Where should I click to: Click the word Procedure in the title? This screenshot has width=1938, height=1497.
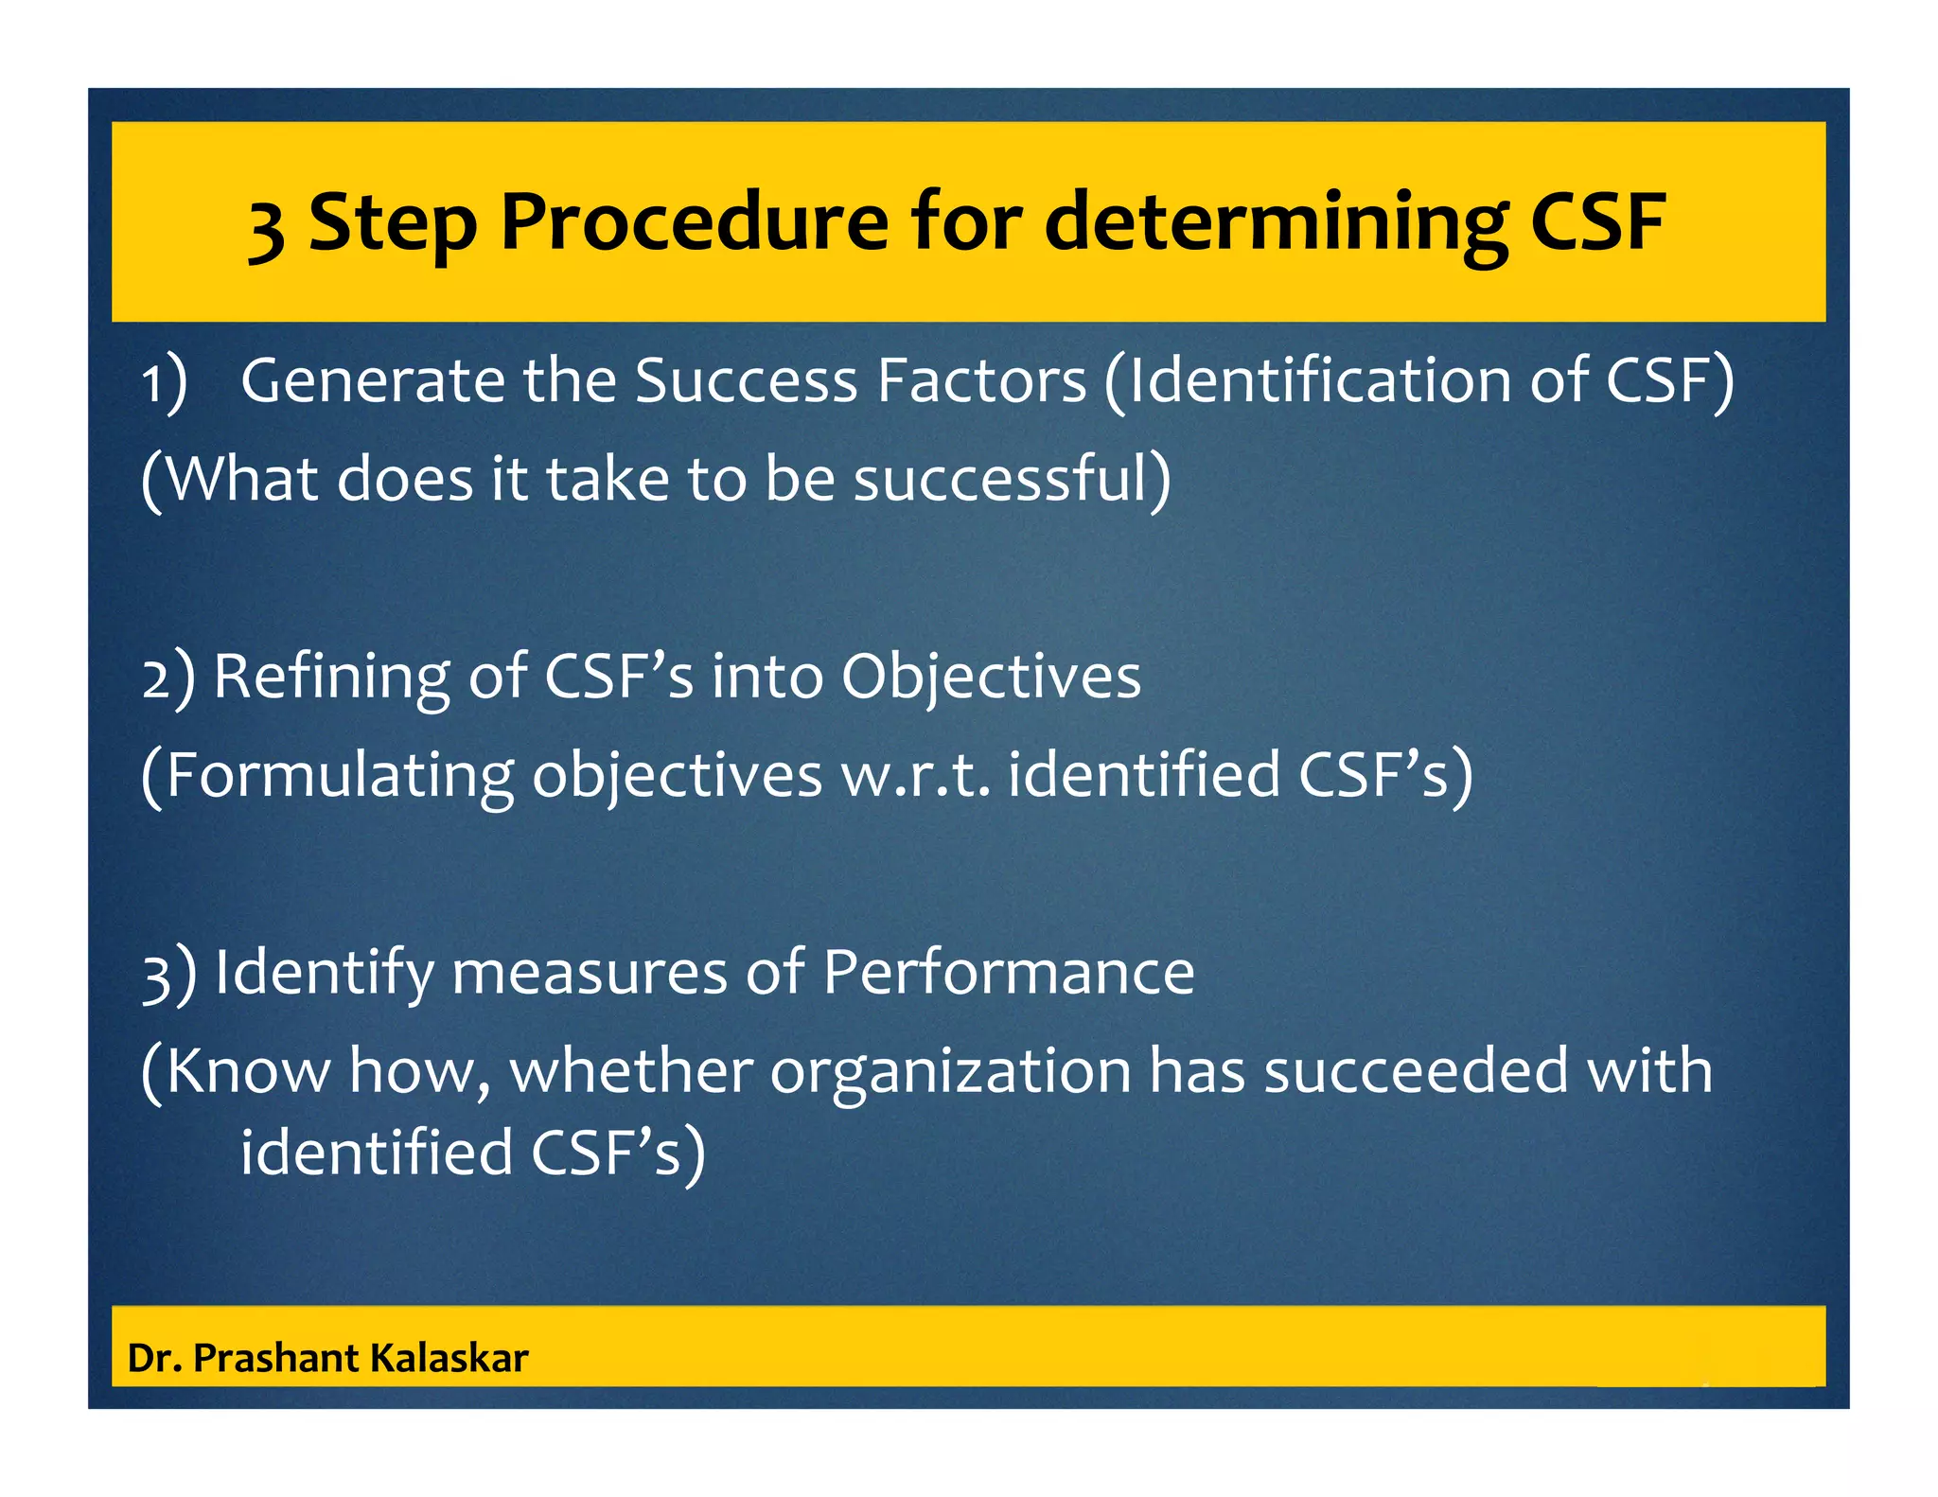(x=694, y=222)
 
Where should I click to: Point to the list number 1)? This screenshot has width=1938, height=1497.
(x=165, y=382)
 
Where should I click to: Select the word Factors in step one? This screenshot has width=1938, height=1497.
(x=981, y=380)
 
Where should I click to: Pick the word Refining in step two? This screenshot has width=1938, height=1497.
(x=331, y=678)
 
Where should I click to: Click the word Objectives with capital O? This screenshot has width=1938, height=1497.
(x=991, y=678)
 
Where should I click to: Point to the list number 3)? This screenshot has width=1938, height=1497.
(x=168, y=975)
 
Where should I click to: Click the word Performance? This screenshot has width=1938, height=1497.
(x=1008, y=972)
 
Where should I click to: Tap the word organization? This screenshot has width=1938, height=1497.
(x=950, y=1073)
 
